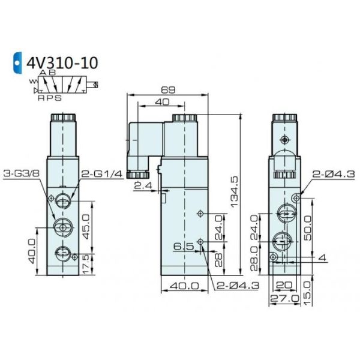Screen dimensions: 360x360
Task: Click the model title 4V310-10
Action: click(x=62, y=63)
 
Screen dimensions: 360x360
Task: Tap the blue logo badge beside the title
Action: click(x=17, y=62)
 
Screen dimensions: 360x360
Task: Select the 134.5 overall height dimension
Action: click(x=235, y=192)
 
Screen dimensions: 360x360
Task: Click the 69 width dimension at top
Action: click(x=168, y=90)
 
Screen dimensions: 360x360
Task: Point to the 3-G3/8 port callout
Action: click(x=22, y=173)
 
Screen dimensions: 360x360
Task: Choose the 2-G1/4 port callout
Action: click(x=102, y=174)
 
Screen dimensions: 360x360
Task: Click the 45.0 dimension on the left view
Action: click(x=86, y=227)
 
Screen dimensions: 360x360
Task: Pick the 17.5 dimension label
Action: click(x=86, y=264)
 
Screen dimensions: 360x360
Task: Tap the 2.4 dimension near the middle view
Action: click(x=143, y=185)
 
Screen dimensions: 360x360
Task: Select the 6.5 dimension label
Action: click(x=184, y=247)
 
